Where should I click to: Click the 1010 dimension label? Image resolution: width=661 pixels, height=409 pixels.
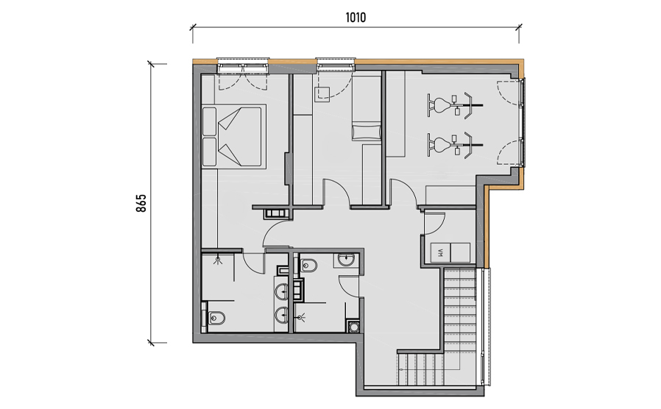(x=356, y=18)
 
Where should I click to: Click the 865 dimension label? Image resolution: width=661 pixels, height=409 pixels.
(x=141, y=203)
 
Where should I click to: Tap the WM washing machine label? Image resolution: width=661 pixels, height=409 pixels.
(x=441, y=253)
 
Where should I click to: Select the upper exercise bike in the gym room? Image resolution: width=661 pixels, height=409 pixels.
(x=454, y=104)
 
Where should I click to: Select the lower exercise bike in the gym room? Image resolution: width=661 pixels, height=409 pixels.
(x=454, y=146)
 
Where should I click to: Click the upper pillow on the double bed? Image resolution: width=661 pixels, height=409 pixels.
(x=209, y=121)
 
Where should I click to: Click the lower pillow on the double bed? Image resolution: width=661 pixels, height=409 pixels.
(x=209, y=152)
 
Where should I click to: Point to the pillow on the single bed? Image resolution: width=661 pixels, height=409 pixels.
(x=366, y=132)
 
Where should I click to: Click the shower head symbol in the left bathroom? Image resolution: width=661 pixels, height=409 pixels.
(x=218, y=260)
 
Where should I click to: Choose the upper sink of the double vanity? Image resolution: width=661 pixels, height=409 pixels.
(x=282, y=291)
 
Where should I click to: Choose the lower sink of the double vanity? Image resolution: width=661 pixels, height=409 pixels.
(x=282, y=314)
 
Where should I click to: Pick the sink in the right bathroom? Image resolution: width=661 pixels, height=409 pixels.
(x=347, y=260)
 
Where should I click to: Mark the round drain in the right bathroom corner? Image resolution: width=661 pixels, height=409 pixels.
(x=353, y=327)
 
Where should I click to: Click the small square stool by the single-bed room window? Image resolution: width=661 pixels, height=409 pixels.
(x=322, y=93)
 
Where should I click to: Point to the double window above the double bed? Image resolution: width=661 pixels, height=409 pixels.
(x=243, y=65)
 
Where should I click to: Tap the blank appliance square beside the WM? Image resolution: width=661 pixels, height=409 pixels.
(x=460, y=253)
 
